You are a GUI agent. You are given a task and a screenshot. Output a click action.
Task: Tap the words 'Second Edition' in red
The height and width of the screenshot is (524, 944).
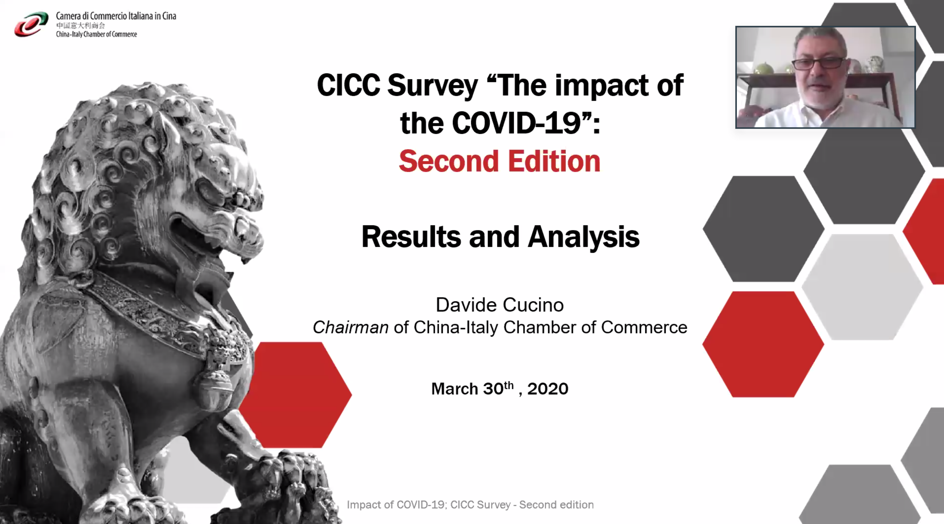499,161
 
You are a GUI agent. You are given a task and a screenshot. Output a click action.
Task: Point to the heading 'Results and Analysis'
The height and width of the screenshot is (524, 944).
500,237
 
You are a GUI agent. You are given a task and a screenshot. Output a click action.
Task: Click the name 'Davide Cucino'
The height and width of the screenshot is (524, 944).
500,305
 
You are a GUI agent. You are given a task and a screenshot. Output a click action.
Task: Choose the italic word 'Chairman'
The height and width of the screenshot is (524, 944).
351,327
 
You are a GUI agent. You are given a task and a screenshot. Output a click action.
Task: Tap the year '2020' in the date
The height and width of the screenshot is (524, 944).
547,389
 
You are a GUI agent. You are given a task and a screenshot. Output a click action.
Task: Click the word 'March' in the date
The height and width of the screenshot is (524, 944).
455,389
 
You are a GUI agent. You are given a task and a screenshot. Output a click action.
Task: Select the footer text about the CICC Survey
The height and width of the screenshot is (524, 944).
470,505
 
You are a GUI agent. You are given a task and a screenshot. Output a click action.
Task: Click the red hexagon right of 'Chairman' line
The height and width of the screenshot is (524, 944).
763,344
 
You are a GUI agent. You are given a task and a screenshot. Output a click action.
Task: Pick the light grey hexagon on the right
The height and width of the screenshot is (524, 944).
862,287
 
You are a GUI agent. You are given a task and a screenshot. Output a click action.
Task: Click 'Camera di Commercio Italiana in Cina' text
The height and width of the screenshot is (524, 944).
116,16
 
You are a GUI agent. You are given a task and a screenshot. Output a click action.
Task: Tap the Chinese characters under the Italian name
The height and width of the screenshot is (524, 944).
80,26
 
